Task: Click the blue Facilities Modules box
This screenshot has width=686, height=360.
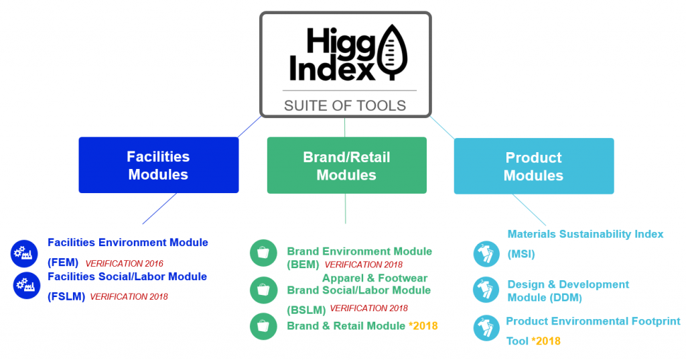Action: point(159,166)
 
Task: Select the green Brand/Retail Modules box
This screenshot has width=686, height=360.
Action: point(346,166)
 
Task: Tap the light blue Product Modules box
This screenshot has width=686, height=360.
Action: point(533,166)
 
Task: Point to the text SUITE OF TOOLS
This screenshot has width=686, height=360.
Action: point(345,105)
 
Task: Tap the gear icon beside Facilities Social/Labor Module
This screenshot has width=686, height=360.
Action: point(27,286)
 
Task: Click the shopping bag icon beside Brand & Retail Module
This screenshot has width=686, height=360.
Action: point(263,326)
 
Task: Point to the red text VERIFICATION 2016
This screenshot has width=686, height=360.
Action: point(124,263)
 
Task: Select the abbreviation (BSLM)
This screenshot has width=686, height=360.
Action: point(306,310)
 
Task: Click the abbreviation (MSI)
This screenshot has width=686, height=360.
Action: point(521,255)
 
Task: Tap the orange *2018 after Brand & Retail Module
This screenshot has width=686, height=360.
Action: point(423,326)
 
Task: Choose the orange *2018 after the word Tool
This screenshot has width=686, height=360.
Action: point(546,341)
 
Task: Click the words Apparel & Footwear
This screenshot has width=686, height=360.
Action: point(374,278)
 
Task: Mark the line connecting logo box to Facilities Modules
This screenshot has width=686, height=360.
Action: point(247,127)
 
